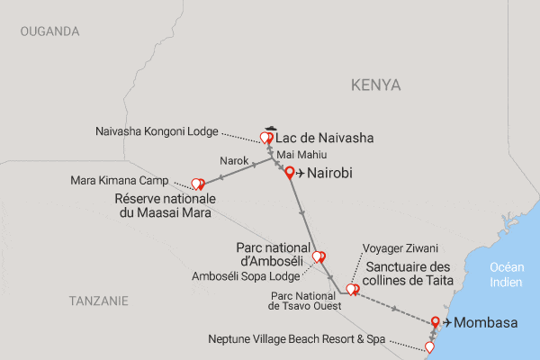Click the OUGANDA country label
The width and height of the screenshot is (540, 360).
pyautogui.click(x=49, y=31)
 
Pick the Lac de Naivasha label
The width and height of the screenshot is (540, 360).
pyautogui.click(x=323, y=139)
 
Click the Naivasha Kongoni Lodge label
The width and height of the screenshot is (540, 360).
pyautogui.click(x=157, y=131)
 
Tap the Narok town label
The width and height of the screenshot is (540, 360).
pyautogui.click(x=232, y=162)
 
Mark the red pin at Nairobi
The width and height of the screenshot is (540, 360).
pyautogui.click(x=290, y=173)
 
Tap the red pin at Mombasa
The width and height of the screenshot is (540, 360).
pyautogui.click(x=436, y=320)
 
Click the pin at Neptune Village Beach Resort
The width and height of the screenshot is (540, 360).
pyautogui.click(x=429, y=346)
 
